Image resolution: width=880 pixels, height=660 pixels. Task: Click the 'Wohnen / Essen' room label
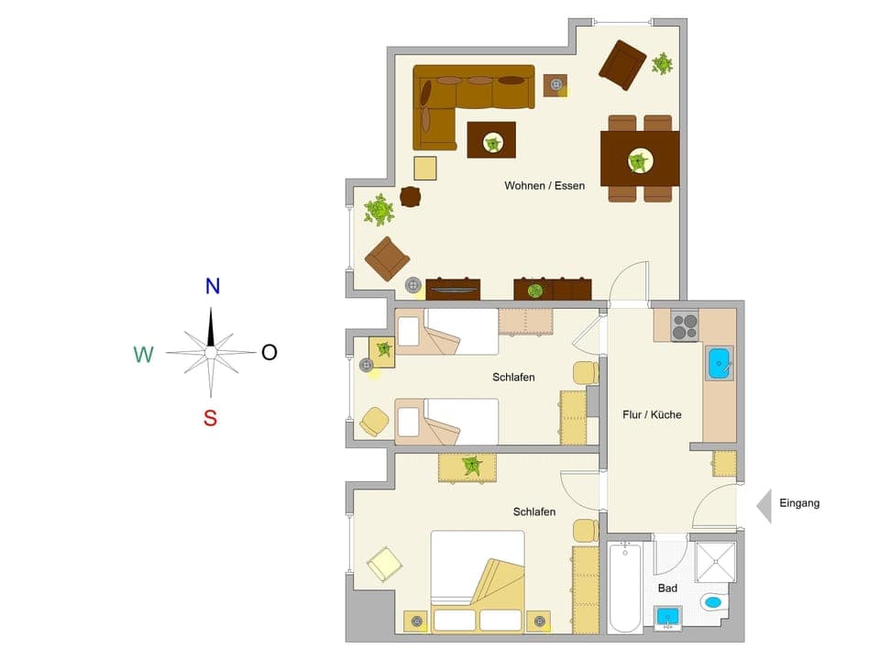(544, 185)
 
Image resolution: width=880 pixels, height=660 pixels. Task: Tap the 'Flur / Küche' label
(652, 414)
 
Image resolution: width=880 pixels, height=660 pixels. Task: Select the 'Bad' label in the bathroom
(667, 588)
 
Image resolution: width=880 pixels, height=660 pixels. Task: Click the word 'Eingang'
(799, 502)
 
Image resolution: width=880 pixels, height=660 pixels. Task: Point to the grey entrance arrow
(763, 504)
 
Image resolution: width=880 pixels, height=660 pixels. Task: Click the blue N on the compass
(213, 286)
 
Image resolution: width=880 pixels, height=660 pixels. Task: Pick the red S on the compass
(210, 419)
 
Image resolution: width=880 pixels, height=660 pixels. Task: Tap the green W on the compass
(143, 354)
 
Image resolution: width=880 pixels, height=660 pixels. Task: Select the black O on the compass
(269, 352)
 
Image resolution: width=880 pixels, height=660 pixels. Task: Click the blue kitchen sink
(720, 363)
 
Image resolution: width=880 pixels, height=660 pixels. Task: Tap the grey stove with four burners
(685, 326)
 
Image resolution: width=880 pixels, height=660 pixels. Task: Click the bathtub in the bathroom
(625, 587)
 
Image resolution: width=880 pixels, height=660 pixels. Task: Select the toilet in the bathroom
(712, 602)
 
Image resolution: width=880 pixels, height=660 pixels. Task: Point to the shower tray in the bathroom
(715, 563)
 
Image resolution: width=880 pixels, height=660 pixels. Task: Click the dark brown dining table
(639, 160)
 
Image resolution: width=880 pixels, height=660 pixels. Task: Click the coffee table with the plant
(491, 140)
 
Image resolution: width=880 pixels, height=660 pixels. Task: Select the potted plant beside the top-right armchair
(661, 64)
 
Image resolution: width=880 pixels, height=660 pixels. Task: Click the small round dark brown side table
(410, 196)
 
